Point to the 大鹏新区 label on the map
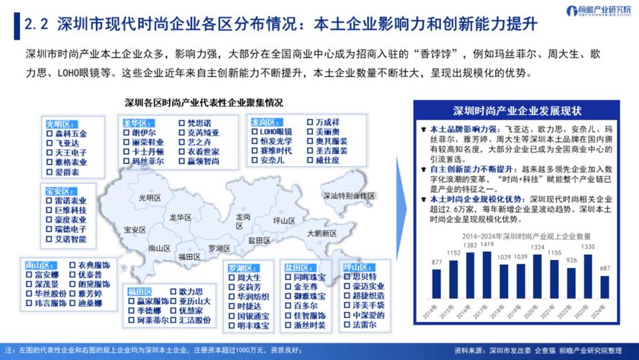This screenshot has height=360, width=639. (x=321, y=233)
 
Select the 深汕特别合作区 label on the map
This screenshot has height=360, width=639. (x=348, y=196)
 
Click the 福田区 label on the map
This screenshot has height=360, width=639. (x=189, y=256)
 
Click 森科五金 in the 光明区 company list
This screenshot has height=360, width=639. (x=71, y=133)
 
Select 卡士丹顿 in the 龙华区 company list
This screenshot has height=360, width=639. (x=148, y=152)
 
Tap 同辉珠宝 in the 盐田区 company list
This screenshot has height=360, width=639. (x=310, y=276)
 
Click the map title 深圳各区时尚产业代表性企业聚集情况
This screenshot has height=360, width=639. (x=204, y=103)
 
